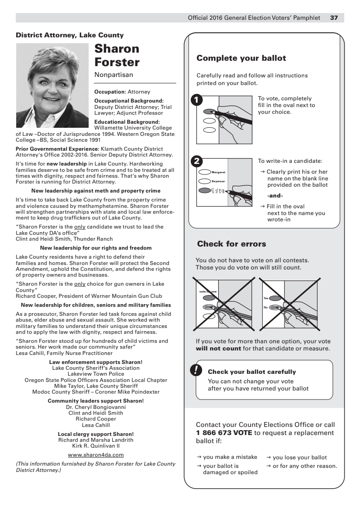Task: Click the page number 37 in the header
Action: (334, 18)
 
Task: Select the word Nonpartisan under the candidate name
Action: (113, 75)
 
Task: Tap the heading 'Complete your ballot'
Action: (241, 58)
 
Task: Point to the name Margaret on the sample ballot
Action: (218, 172)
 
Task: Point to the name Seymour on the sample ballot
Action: (218, 181)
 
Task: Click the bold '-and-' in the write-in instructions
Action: (275, 195)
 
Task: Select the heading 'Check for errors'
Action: (231, 244)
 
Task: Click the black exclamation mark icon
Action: (196, 370)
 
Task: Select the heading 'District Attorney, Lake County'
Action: (70, 35)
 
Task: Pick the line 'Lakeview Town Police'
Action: (96, 374)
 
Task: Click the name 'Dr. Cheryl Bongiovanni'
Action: (95, 407)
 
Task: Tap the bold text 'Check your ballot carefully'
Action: (252, 372)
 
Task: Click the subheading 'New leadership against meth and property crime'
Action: (96, 191)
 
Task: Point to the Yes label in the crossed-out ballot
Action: (265, 298)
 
